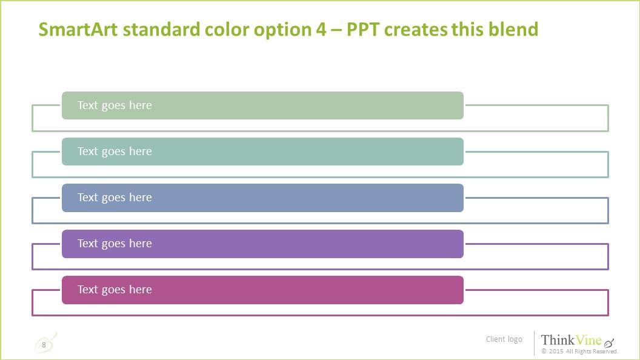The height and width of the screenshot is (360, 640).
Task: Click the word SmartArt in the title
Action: pos(78,29)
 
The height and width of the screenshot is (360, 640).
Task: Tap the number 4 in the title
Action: pos(321,29)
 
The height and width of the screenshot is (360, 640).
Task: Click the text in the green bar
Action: pos(115,105)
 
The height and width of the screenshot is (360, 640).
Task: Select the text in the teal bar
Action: pos(115,152)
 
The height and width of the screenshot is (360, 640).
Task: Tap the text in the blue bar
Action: pos(115,198)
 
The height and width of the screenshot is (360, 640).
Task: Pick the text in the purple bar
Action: pos(115,244)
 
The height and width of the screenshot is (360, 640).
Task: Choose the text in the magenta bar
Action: pos(115,290)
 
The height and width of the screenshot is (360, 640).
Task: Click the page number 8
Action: pos(44,345)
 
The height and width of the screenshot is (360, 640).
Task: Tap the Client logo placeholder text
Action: pos(504,339)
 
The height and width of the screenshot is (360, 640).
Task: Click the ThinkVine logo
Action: pos(572,340)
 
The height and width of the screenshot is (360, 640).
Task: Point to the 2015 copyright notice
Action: pos(579,352)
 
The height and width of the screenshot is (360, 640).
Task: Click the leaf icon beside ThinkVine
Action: pos(609,342)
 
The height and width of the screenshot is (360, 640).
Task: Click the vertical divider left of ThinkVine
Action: pos(534,342)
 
